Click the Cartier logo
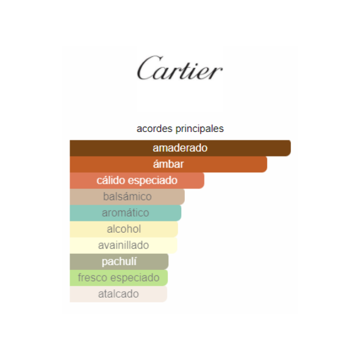pos(180,68)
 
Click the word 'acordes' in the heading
pos(154,128)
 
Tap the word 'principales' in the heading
pos(200,129)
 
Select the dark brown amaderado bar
pos(180,148)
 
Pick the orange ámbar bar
pos(168,164)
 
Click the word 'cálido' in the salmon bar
pos(110,180)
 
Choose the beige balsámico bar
pos(127,197)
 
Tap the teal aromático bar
pos(125,213)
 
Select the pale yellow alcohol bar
pos(124,229)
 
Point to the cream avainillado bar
pos(124,245)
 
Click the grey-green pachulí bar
pos(119,262)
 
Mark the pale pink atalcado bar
pos(118,294)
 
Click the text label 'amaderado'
pos(180,148)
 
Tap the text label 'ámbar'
pos(168,164)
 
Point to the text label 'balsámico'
pos(127,197)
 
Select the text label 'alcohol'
pos(124,229)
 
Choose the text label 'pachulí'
pos(119,262)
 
